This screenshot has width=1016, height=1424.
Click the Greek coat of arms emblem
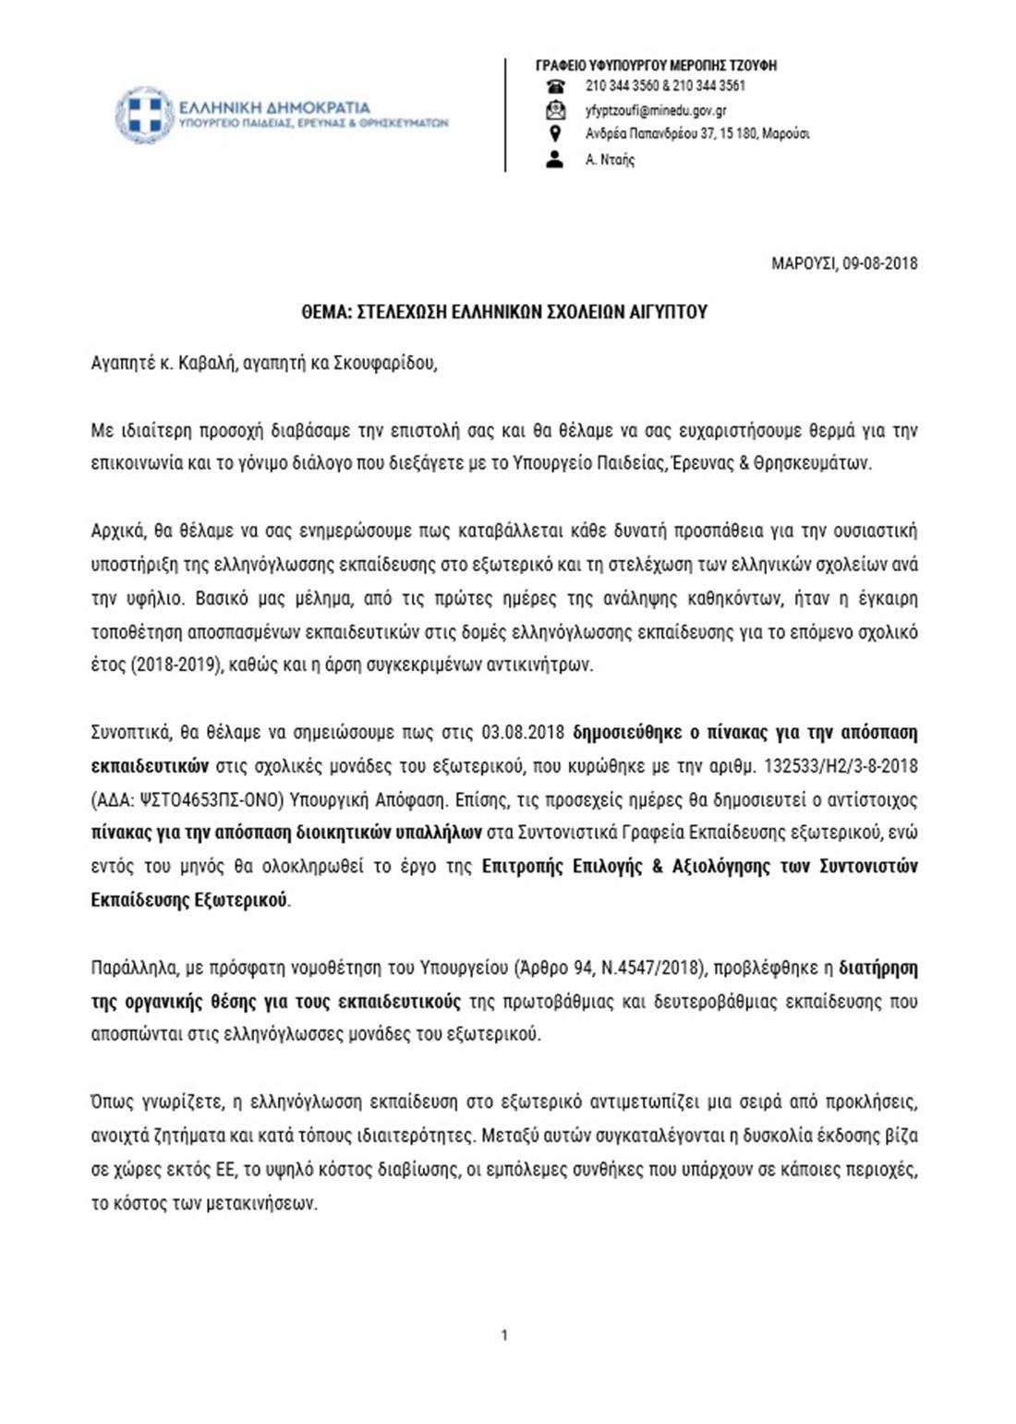[x=144, y=116]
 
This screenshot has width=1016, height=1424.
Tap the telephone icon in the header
[x=555, y=87]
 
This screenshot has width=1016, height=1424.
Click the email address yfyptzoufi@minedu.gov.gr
[x=656, y=110]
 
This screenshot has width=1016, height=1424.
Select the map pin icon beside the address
[x=555, y=134]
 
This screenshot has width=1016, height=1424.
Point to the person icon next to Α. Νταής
[x=555, y=159]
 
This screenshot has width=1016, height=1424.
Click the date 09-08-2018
[x=879, y=263]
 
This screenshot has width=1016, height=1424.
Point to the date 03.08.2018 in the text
[x=523, y=733]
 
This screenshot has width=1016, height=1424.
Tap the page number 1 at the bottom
[x=504, y=1334]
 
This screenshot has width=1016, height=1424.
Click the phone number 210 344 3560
[x=622, y=86]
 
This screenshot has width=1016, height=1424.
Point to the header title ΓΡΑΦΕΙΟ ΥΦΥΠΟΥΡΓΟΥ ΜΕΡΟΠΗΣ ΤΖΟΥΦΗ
[x=656, y=66]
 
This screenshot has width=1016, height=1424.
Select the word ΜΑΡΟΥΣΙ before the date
[x=804, y=263]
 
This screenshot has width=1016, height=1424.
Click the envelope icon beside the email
[x=555, y=111]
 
